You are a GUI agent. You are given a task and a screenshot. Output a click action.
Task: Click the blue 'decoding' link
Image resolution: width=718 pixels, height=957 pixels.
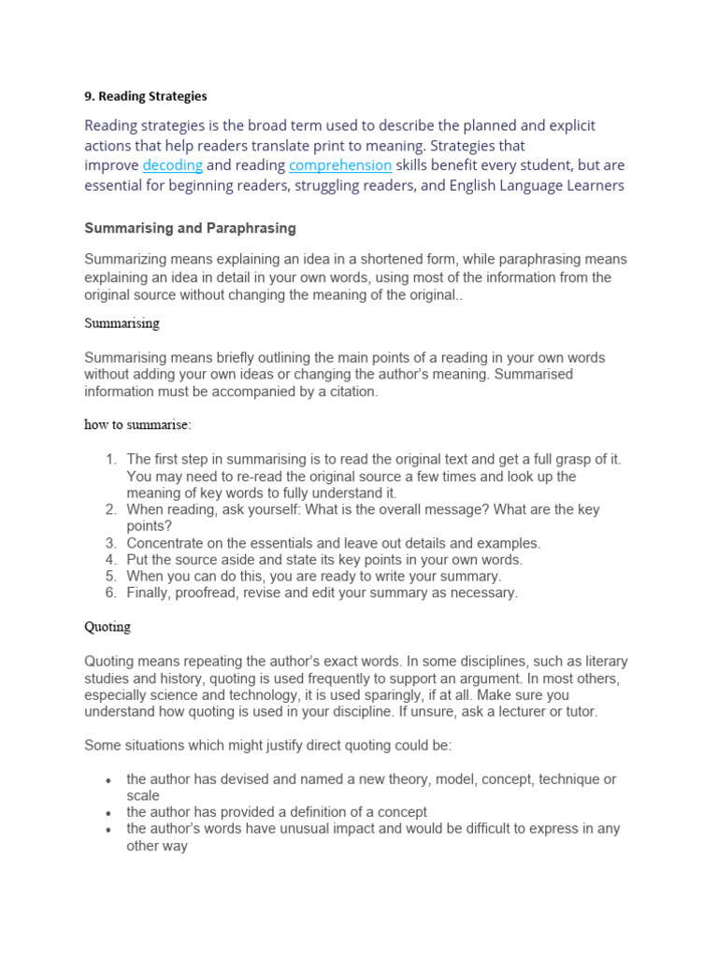172,165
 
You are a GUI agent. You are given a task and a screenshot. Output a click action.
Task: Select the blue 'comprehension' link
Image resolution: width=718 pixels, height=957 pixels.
340,165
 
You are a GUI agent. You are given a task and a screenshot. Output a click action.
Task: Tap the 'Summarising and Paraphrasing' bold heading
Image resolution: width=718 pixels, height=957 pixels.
190,227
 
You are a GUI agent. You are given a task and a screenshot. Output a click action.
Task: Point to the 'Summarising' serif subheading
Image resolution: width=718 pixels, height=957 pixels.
122,323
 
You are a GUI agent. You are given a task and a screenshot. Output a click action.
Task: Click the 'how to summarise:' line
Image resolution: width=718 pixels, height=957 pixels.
137,425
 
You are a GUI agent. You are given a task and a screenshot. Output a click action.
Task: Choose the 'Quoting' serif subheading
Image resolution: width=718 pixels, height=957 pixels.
108,627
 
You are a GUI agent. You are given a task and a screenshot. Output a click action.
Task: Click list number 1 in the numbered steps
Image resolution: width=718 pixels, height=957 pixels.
109,460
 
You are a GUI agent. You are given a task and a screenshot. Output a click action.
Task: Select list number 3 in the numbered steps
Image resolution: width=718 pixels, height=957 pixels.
109,543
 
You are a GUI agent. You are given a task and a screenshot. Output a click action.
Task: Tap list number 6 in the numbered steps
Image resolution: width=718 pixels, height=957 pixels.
109,593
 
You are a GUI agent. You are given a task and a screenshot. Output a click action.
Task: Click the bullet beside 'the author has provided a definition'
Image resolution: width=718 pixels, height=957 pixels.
109,813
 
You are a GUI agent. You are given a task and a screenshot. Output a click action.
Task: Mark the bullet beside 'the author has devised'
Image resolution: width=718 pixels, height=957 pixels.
109,779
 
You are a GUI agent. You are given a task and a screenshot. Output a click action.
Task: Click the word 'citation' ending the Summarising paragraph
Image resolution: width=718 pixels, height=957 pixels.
349,392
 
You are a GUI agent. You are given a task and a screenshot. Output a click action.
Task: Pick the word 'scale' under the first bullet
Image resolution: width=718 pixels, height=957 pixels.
143,796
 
